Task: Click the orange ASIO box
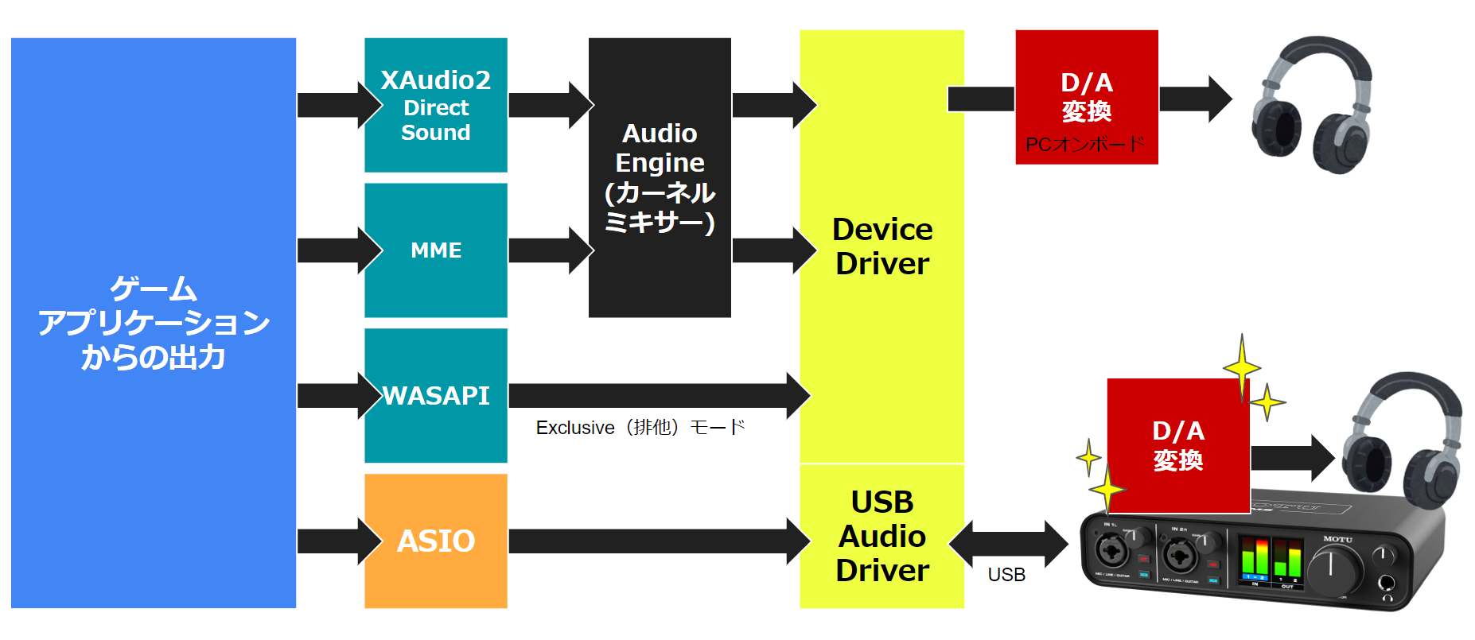(x=436, y=541)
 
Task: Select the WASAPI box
(x=436, y=395)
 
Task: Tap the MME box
(x=436, y=250)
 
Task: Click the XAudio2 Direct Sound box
(x=436, y=105)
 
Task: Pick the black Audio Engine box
(x=660, y=177)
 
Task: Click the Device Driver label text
(x=882, y=246)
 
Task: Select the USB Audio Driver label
(x=882, y=537)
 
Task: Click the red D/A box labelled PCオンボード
(x=1086, y=97)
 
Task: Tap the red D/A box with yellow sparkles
(x=1177, y=445)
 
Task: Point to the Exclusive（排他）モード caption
(x=640, y=428)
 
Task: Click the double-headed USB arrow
(x=1008, y=544)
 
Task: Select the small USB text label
(x=1006, y=575)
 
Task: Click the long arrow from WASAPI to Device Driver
(x=652, y=395)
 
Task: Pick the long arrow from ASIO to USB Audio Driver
(x=652, y=541)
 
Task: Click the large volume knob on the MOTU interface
(x=1333, y=570)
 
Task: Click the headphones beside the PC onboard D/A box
(x=1311, y=105)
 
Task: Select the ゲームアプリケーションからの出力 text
(x=154, y=323)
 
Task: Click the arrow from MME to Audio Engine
(x=549, y=250)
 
